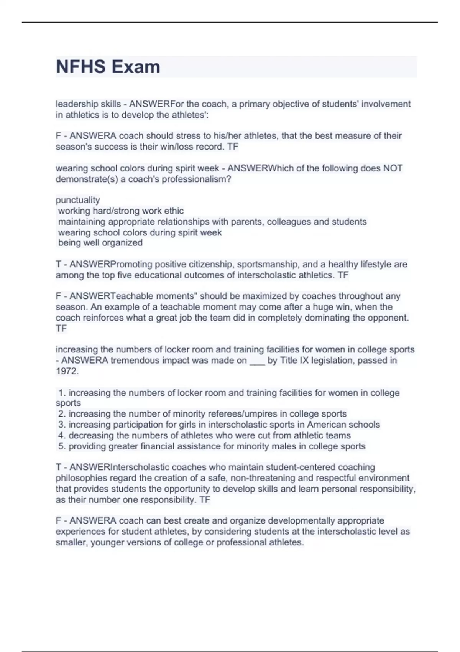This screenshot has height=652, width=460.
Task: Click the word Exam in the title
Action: click(x=136, y=67)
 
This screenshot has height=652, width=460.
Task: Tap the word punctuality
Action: click(x=78, y=200)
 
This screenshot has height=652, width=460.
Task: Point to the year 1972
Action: click(x=67, y=371)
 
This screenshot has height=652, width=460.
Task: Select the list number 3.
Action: click(x=62, y=425)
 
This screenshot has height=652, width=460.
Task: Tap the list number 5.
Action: click(x=62, y=446)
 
